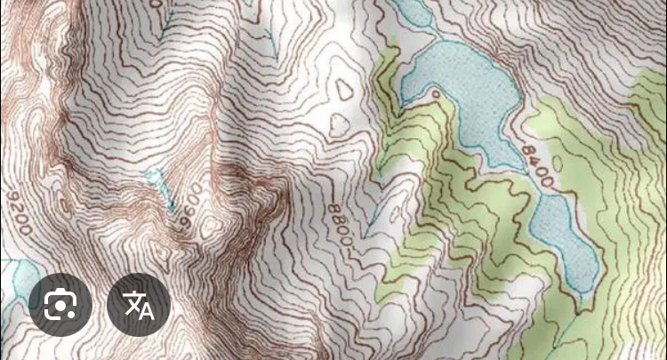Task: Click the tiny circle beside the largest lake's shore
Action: tap(436, 92)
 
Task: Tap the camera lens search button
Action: tap(60, 305)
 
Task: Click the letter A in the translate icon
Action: tap(146, 310)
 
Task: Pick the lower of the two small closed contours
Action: tap(340, 124)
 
